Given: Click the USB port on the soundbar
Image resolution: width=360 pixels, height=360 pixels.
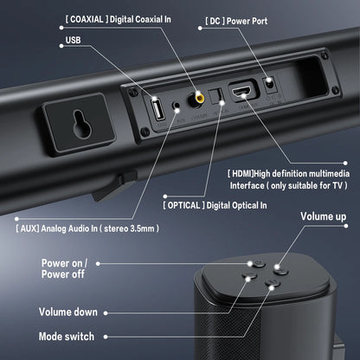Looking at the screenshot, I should (158, 111).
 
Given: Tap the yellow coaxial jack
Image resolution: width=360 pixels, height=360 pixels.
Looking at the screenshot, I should (202, 102).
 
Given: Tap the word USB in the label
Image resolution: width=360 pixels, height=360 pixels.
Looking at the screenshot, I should (75, 41).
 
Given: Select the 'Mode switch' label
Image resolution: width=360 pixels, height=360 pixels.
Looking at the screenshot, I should (70, 336).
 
